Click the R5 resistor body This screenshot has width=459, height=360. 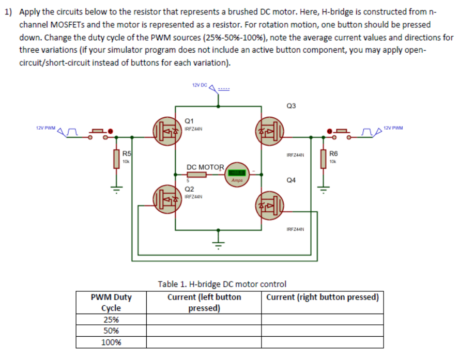116,159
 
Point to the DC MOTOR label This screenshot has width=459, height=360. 205,167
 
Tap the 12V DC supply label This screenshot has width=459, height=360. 199,85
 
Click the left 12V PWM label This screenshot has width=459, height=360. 45,128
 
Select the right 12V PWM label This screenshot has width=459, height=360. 393,128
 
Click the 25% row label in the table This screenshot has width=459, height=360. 111,319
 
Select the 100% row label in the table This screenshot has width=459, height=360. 111,342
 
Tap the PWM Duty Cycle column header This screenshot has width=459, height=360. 111,303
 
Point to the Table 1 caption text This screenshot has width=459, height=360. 222,284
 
